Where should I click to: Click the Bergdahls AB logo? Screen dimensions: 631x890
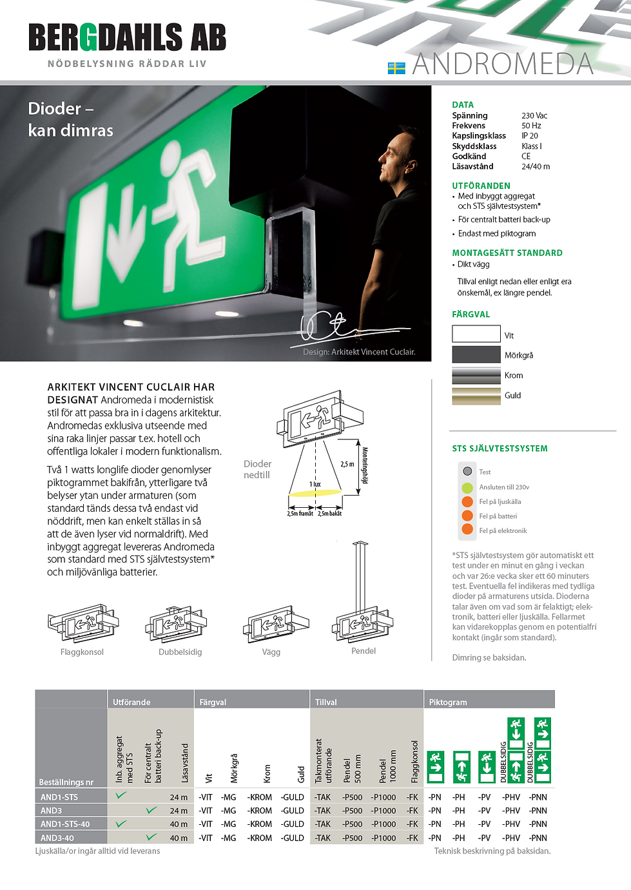point(127,37)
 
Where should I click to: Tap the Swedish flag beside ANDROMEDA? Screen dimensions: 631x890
point(396,68)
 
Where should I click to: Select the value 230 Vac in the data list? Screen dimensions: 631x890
point(534,116)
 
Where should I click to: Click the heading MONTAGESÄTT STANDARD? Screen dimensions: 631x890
point(507,253)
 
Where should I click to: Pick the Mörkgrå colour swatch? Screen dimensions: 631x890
point(476,354)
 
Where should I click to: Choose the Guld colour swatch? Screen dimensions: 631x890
point(476,396)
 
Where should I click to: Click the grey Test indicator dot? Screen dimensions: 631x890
point(467,471)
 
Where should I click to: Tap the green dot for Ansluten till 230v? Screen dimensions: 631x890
point(467,487)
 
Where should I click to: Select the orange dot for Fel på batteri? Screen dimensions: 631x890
point(467,516)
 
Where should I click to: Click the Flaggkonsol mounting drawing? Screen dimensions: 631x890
point(83,623)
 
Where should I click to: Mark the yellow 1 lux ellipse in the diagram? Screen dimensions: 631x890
point(315,493)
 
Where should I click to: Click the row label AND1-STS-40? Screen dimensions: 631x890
point(65,824)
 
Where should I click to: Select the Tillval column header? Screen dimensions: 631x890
point(326,702)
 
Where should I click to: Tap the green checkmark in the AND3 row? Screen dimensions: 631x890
point(151,810)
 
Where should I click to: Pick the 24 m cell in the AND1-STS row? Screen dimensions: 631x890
point(179,797)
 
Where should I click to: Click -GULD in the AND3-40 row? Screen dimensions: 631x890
point(293,838)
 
